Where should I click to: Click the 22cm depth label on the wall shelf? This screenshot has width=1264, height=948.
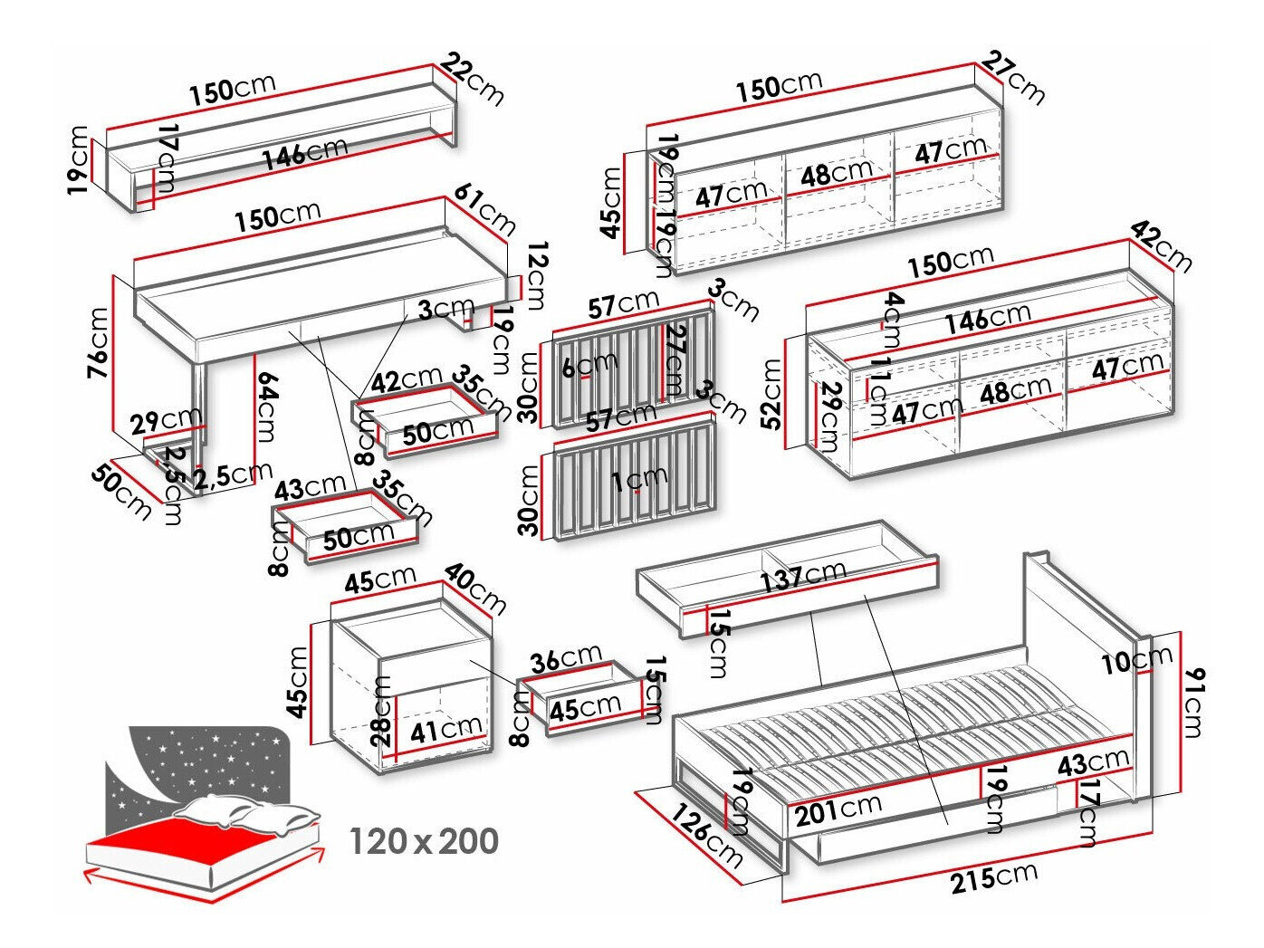pos(474,79)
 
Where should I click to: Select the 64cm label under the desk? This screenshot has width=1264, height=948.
pos(263,407)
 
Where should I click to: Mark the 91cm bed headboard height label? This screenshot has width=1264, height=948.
pos(1193,702)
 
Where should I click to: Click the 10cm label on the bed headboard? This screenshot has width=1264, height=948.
pos(1137,661)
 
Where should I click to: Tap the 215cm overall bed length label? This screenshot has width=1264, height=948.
pos(993,877)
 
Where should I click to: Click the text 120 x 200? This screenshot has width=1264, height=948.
pos(424,842)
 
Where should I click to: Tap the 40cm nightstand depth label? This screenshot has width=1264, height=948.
pos(475,589)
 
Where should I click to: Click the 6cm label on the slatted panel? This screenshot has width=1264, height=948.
pos(589,365)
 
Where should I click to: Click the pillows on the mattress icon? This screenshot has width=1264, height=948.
pos(249,812)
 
